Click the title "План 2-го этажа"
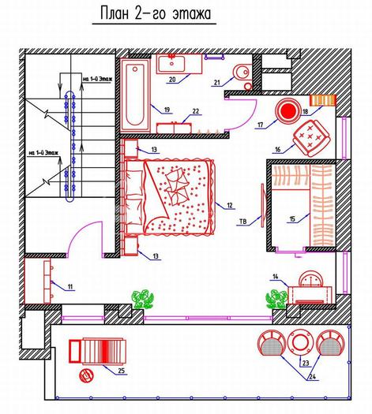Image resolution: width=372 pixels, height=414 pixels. (x=156, y=13)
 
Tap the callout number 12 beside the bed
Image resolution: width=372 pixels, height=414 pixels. (x=230, y=205)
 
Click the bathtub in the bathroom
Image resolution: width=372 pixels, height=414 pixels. (x=135, y=95)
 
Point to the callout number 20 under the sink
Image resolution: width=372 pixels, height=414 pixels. (x=172, y=79)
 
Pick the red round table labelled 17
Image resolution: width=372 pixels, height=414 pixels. (x=288, y=111)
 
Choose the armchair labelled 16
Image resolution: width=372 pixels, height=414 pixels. (x=311, y=137)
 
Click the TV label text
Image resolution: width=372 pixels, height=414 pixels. (x=242, y=222)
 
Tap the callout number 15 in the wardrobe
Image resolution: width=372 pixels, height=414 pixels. (x=292, y=219)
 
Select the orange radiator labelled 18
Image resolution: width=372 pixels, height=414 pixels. (x=322, y=100)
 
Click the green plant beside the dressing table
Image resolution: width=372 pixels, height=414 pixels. (x=276, y=299)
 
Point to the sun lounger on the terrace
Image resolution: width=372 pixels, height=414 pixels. (x=97, y=351)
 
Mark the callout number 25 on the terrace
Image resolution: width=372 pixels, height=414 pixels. (x=121, y=371)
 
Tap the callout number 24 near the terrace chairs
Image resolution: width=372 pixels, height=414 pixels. (x=312, y=377)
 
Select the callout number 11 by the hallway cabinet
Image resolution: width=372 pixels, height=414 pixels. (x=70, y=286)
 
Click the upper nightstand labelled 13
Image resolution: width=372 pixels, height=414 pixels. (x=131, y=149)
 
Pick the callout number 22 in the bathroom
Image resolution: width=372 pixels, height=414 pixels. (x=196, y=111)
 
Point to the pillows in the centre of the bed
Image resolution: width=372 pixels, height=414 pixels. (x=177, y=186)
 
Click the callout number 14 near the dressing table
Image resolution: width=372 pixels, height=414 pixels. (x=276, y=277)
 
